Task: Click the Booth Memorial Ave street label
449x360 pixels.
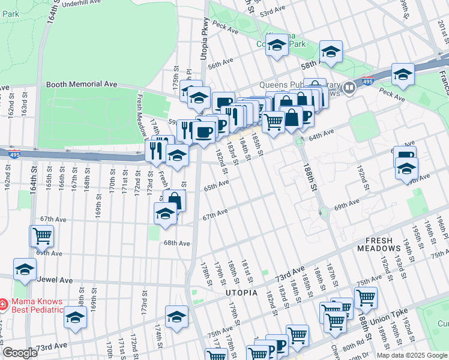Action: click(x=82, y=85)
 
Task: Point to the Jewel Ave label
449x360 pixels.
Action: click(x=55, y=280)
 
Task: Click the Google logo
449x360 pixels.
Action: click(x=20, y=353)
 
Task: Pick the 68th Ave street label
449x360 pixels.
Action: click(x=177, y=243)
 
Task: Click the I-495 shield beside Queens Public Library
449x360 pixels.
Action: click(x=368, y=81)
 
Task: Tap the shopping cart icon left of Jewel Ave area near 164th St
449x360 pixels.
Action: click(x=42, y=236)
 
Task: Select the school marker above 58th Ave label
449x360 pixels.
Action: click(x=331, y=52)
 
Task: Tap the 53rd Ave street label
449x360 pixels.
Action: click(x=272, y=11)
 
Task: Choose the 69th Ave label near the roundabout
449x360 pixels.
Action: click(x=347, y=206)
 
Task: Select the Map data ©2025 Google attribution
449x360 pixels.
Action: click(x=411, y=355)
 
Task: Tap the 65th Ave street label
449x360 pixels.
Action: click(x=216, y=187)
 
